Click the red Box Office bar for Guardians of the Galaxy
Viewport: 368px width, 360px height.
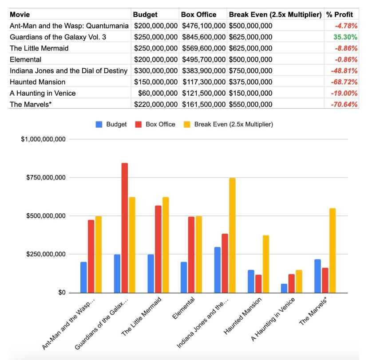pos(125,228)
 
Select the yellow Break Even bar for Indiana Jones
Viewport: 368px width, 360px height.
pos(232,235)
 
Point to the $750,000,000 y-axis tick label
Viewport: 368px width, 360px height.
pos(44,178)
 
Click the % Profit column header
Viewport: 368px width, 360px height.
pos(340,14)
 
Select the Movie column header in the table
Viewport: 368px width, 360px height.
pos(20,14)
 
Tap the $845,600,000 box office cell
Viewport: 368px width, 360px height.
pos(203,37)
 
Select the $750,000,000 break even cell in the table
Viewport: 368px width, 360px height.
pos(250,71)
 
